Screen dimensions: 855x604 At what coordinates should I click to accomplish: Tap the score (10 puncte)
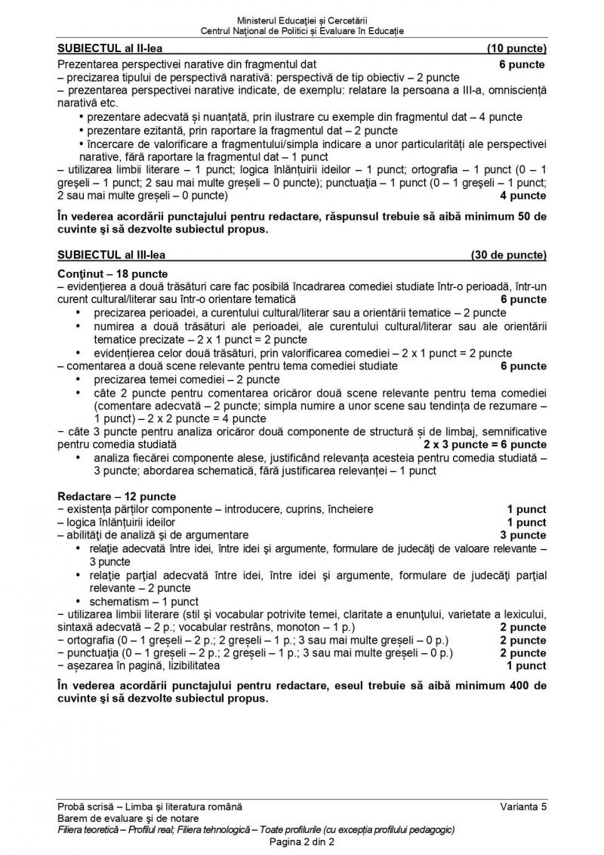[x=517, y=50]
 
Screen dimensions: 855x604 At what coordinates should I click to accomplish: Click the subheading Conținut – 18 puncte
[x=112, y=273]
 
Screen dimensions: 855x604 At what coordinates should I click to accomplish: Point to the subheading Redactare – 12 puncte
[x=116, y=496]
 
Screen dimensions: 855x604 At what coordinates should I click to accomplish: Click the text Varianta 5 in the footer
[x=523, y=807]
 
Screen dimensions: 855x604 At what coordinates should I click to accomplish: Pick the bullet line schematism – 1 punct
[x=143, y=602]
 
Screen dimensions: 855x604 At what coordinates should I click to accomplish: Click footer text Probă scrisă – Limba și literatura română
[x=150, y=807]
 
